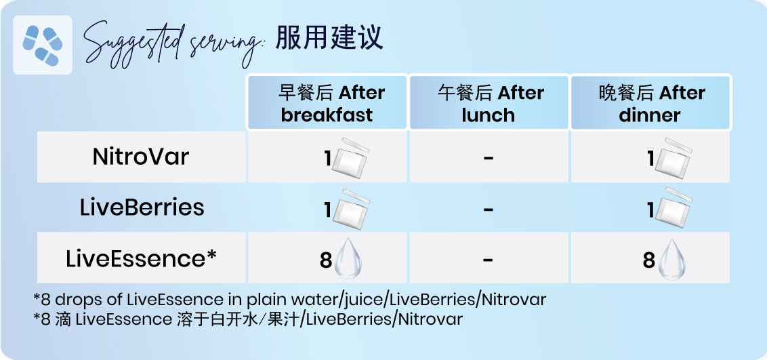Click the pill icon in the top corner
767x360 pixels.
[43, 45]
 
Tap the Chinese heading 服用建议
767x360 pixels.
[329, 37]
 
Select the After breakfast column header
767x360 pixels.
[327, 102]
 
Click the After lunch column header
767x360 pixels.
[489, 102]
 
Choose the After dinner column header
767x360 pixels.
[650, 102]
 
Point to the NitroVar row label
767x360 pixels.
[141, 157]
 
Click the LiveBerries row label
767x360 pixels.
[142, 207]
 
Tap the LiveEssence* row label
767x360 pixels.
[142, 258]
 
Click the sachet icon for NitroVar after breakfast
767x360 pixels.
[351, 159]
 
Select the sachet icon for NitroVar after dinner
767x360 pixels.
[673, 159]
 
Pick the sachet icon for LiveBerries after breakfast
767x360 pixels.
[351, 209]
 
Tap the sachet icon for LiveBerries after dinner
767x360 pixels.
[673, 208]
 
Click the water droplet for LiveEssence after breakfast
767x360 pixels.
[348, 259]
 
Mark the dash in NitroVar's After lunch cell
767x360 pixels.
[488, 157]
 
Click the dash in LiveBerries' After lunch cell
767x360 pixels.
[488, 209]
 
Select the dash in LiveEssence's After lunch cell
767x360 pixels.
[488, 259]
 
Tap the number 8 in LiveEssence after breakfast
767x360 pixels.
[326, 260]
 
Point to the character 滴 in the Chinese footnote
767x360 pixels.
[63, 319]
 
